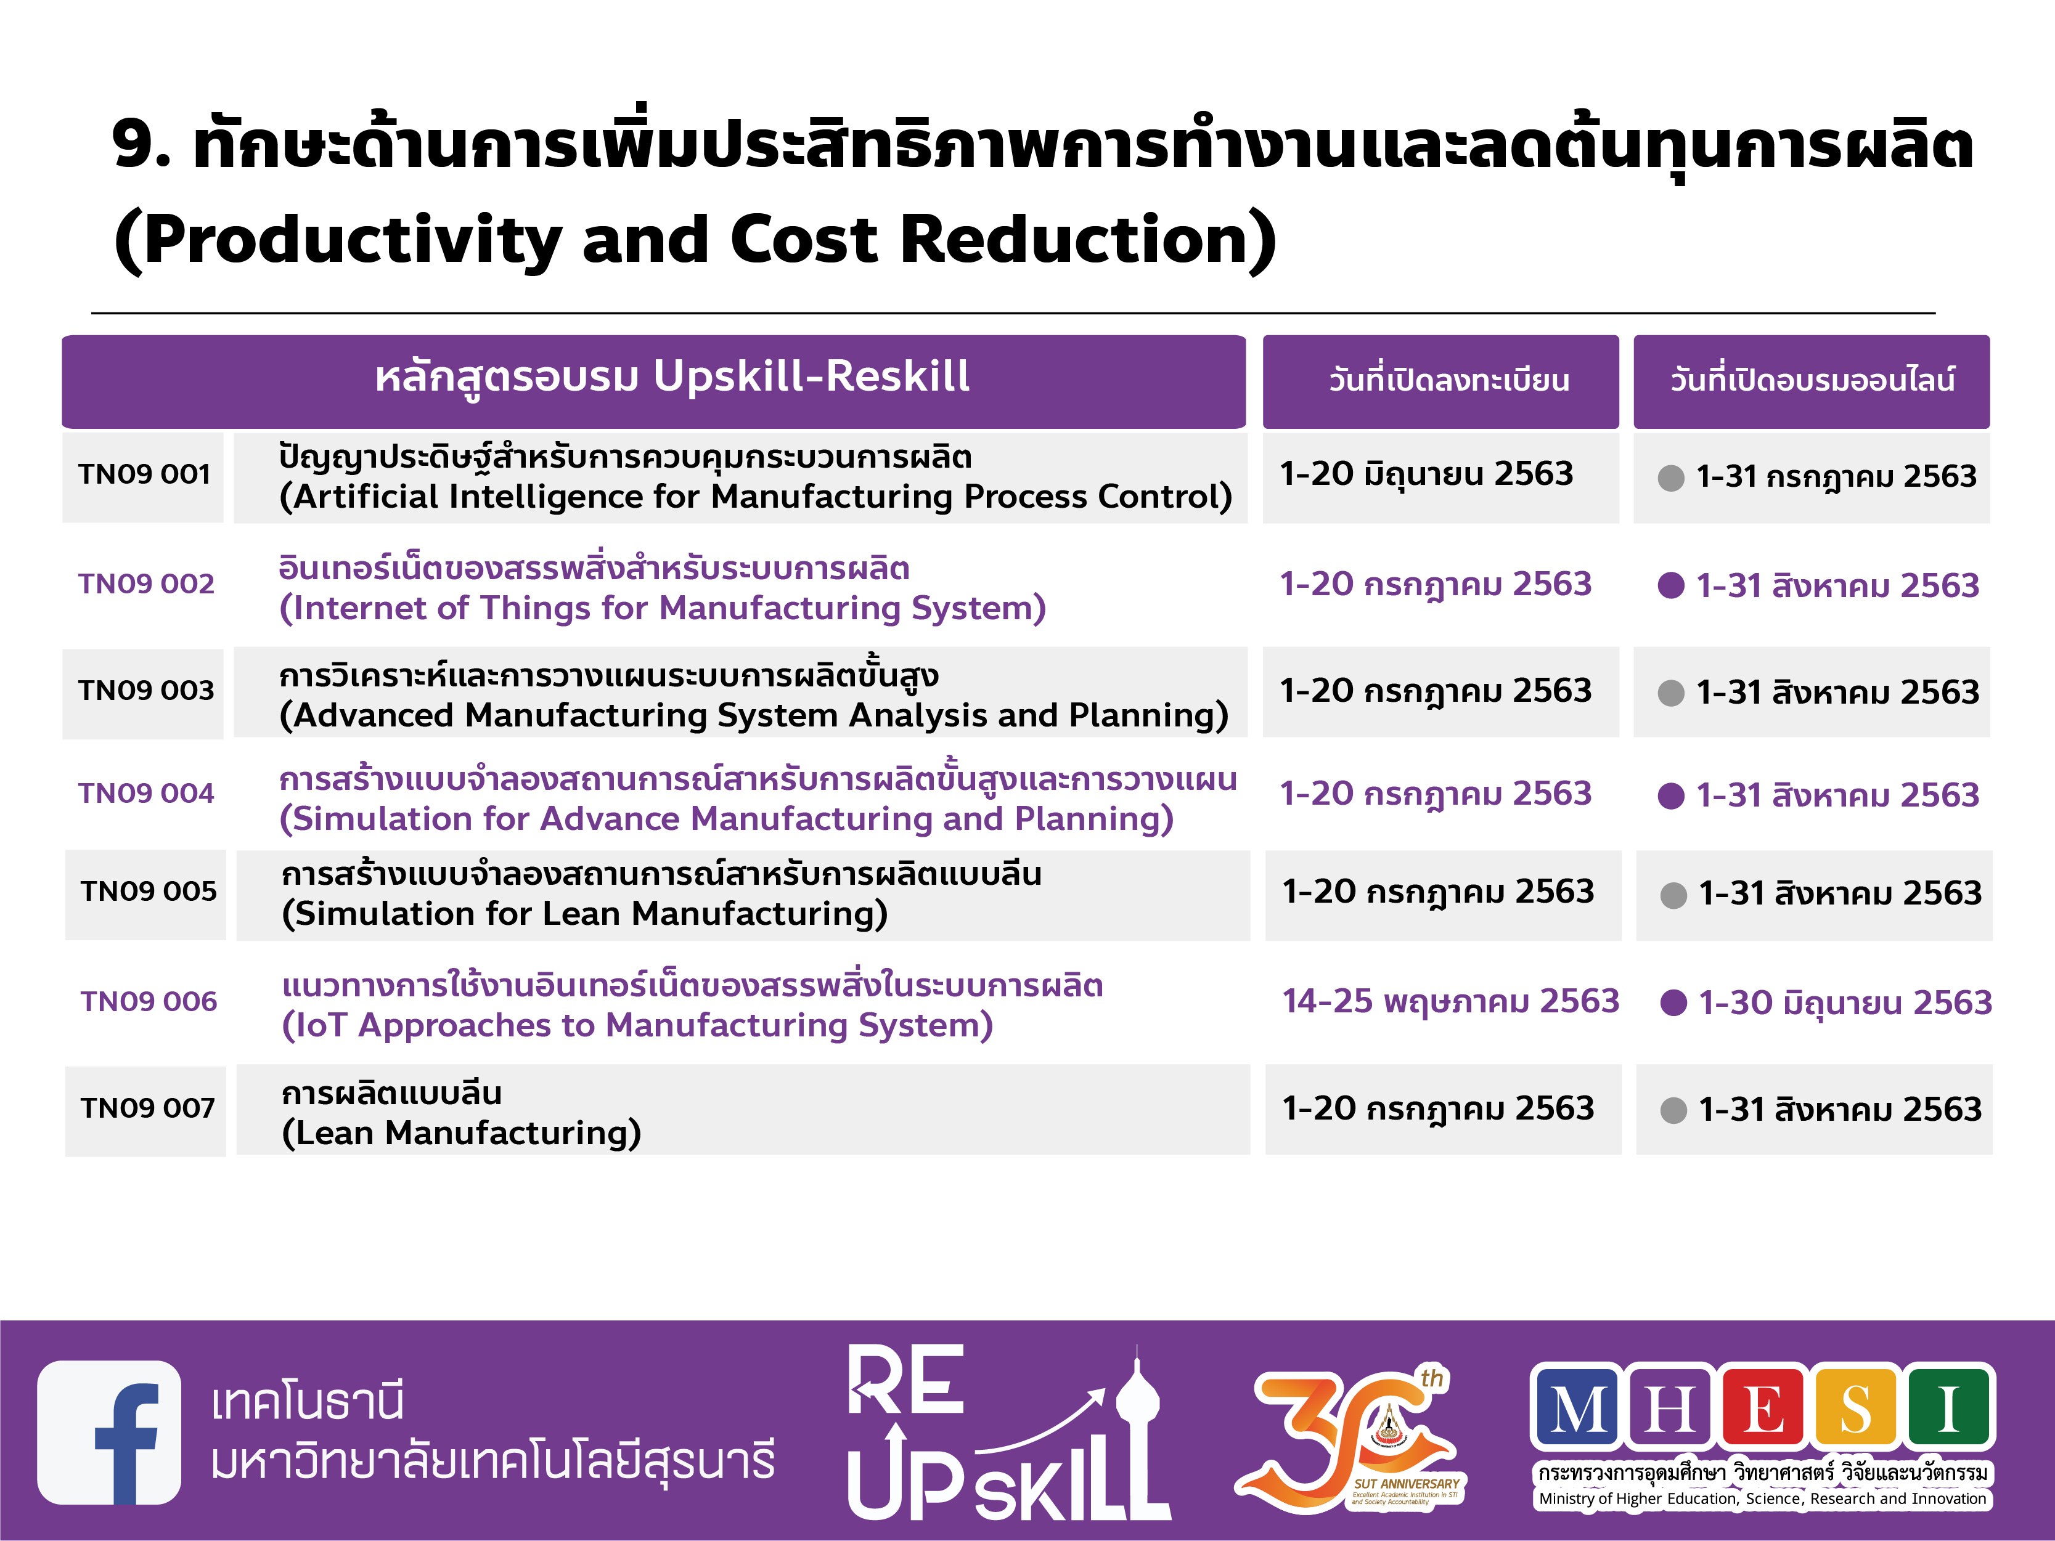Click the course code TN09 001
click(x=144, y=474)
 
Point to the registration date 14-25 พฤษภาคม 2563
click(x=1450, y=1002)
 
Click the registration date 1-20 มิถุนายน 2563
click(x=1426, y=474)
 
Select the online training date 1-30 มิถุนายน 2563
click(x=1845, y=1003)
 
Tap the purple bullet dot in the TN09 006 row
click(x=1673, y=1003)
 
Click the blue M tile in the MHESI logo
click(x=1577, y=1407)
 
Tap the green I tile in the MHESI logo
click(x=1948, y=1407)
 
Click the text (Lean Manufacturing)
click(x=462, y=1133)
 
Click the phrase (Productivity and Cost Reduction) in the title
click(x=695, y=240)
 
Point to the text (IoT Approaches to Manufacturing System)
click(x=637, y=1025)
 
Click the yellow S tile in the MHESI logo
click(x=1855, y=1407)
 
